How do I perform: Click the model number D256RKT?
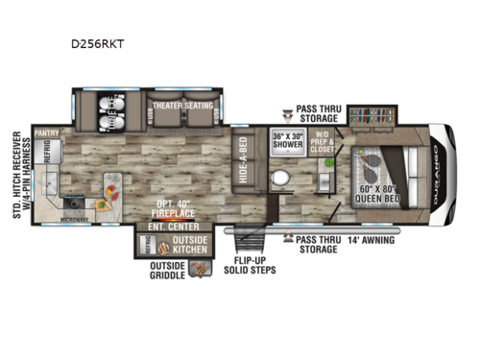pos(104,43)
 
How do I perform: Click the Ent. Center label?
pos(167,226)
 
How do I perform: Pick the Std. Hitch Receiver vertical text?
pos(20,172)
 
